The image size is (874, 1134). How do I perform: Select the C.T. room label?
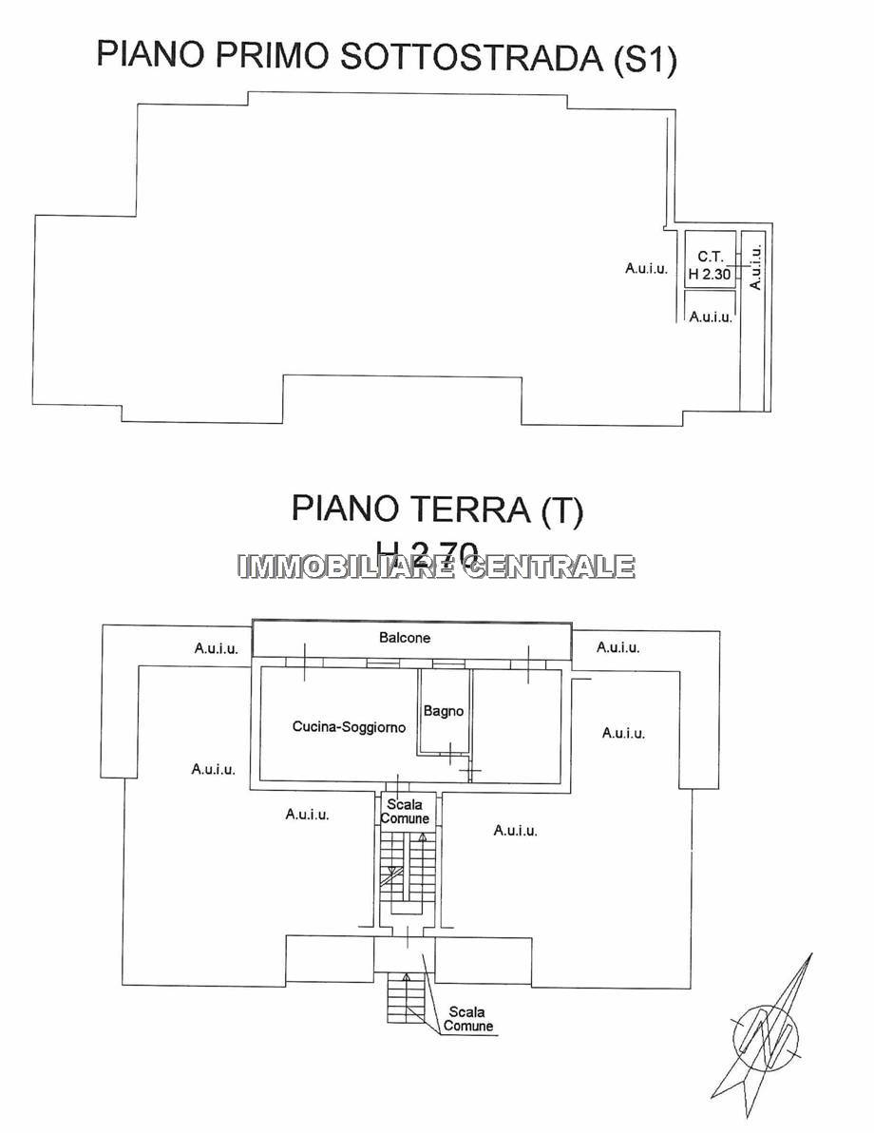coord(710,256)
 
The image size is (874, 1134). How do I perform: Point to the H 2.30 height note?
coord(710,274)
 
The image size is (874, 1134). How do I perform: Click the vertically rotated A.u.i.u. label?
coord(755,269)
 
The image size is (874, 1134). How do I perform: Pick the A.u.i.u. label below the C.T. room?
coord(710,317)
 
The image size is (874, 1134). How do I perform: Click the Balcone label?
coord(405,638)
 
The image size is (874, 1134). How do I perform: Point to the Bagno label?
coord(443,710)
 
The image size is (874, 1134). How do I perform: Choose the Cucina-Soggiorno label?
coord(349,727)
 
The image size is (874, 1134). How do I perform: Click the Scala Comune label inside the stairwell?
coord(405,812)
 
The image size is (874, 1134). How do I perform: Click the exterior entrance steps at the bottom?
coord(406,997)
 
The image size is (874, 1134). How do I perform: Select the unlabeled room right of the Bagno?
coord(517,727)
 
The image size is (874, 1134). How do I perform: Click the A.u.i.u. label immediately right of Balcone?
coord(617,647)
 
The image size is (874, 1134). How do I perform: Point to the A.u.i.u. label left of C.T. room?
coord(646,269)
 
